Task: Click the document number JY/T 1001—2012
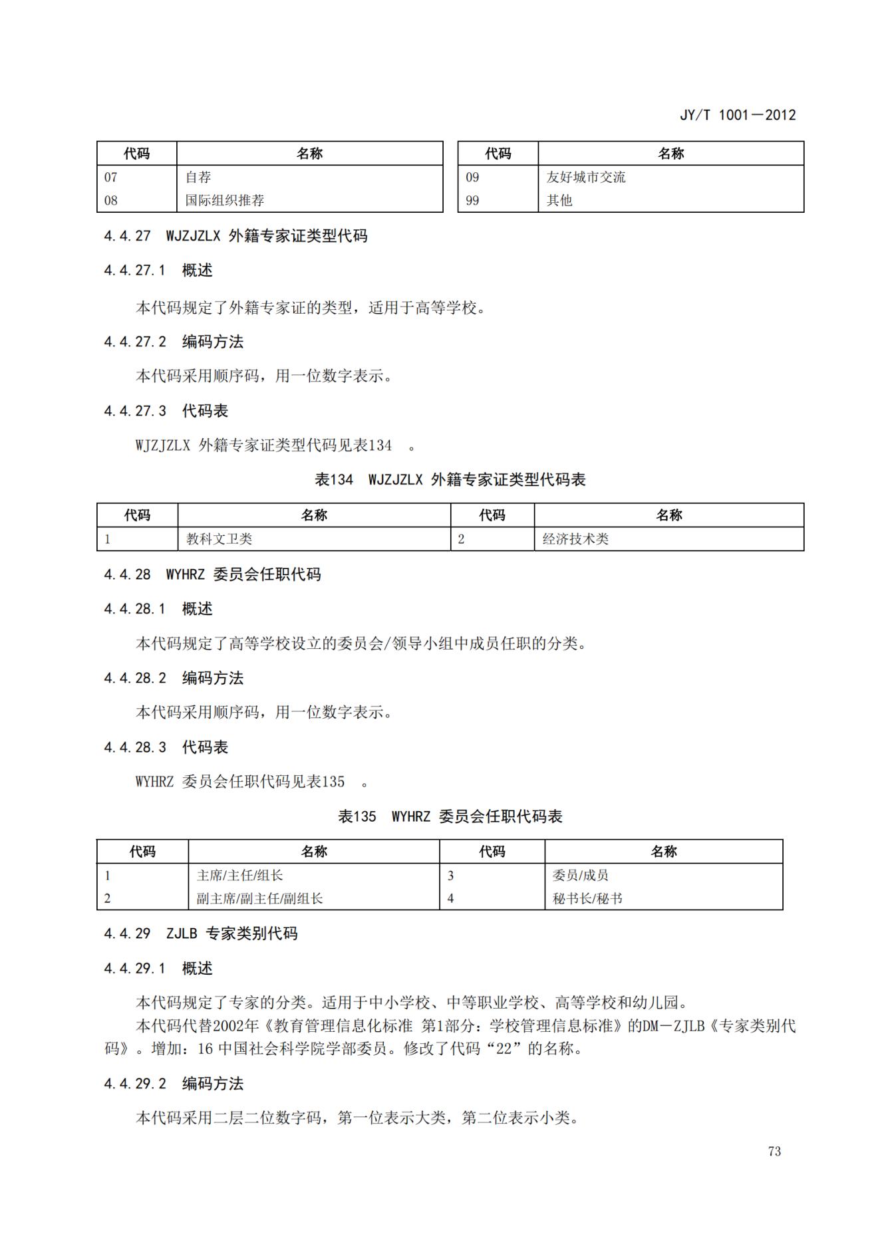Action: click(737, 115)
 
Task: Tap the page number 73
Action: click(774, 1151)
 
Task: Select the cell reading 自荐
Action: click(198, 178)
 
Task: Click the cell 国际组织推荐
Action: click(225, 200)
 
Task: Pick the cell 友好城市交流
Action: click(586, 178)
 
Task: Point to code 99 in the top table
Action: click(472, 200)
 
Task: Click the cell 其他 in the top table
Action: click(559, 200)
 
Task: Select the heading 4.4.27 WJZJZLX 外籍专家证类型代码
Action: click(235, 236)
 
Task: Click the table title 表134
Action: click(334, 479)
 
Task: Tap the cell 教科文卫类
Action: click(220, 539)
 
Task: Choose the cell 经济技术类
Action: click(576, 539)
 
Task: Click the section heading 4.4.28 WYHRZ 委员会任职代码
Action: click(212, 574)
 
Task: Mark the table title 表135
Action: click(357, 816)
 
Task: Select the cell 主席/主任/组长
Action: click(240, 876)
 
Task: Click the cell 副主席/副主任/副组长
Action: click(259, 899)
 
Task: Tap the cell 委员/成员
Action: click(581, 876)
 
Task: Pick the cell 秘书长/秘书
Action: click(587, 899)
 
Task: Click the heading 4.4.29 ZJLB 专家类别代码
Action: click(200, 933)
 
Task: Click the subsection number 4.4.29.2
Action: click(135, 1084)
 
